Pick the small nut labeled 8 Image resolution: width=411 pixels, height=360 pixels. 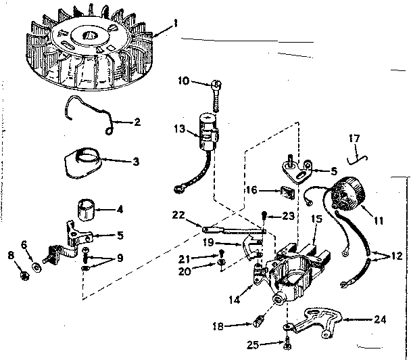(x=24, y=274)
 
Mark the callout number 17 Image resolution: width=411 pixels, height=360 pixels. (x=354, y=141)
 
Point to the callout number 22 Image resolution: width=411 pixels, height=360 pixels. (x=177, y=215)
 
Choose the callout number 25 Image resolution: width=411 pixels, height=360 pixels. (x=253, y=344)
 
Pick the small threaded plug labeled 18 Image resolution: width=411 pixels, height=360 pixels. (x=261, y=323)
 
